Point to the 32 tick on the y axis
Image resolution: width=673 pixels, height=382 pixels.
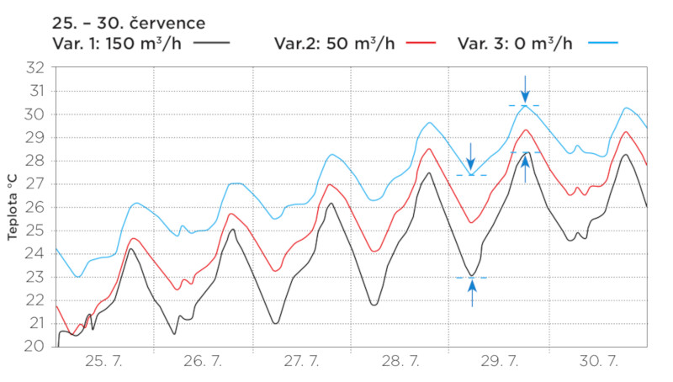click(x=35, y=68)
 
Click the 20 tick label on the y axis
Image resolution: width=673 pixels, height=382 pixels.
click(x=35, y=346)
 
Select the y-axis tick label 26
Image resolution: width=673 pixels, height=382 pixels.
click(x=35, y=207)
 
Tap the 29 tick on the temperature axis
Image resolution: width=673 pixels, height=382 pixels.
click(x=35, y=137)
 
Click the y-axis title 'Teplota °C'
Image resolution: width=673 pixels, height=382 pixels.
click(x=12, y=207)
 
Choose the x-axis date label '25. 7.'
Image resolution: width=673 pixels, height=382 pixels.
click(x=105, y=362)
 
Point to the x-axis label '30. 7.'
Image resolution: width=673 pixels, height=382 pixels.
click(x=599, y=362)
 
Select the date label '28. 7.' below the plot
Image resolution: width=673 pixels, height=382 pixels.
click(x=401, y=362)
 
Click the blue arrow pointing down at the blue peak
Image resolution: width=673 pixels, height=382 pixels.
click(x=525, y=88)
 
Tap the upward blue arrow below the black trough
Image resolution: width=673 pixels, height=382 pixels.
click(x=472, y=292)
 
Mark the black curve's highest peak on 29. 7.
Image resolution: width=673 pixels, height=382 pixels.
click(x=527, y=152)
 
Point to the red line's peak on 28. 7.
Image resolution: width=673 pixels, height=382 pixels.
click(x=429, y=149)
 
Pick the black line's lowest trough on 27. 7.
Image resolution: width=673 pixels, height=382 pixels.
click(x=275, y=323)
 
